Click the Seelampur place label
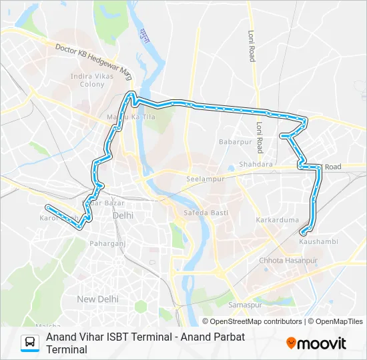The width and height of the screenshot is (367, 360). [x=203, y=180]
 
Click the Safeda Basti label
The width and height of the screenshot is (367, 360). [x=206, y=213]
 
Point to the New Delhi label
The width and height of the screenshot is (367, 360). [x=97, y=299]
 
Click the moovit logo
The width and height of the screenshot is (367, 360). [x=316, y=343]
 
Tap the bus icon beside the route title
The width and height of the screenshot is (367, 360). [x=30, y=343]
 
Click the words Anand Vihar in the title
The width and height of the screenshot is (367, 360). [x=71, y=337]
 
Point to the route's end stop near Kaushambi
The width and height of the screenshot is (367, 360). [x=303, y=233]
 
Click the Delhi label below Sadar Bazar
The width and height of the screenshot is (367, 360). [x=123, y=215]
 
